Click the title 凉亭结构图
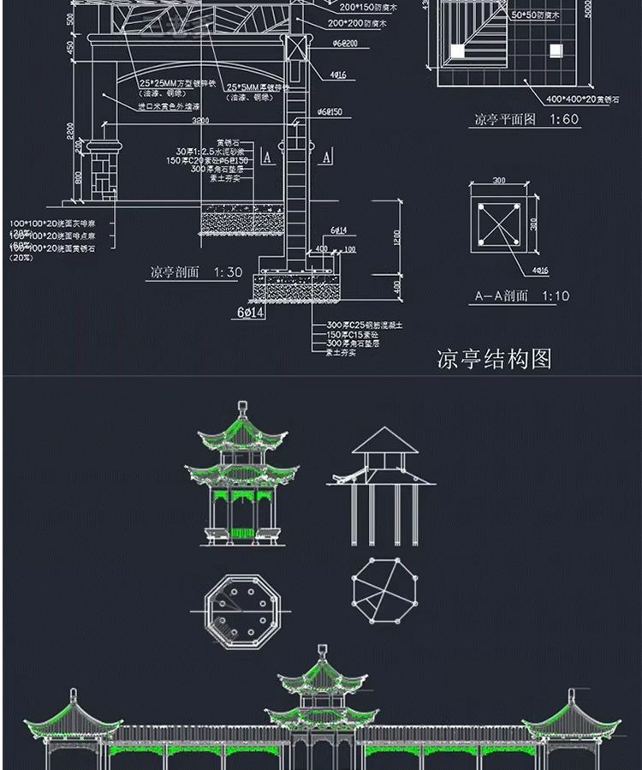point(494,357)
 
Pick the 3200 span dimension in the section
point(200,122)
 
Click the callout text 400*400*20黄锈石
point(549,99)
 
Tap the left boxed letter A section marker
point(267,158)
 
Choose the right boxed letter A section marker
point(326,158)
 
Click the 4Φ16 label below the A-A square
point(539,271)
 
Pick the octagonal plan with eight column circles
point(242,611)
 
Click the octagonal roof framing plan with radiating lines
point(384,591)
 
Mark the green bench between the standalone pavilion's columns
point(242,534)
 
